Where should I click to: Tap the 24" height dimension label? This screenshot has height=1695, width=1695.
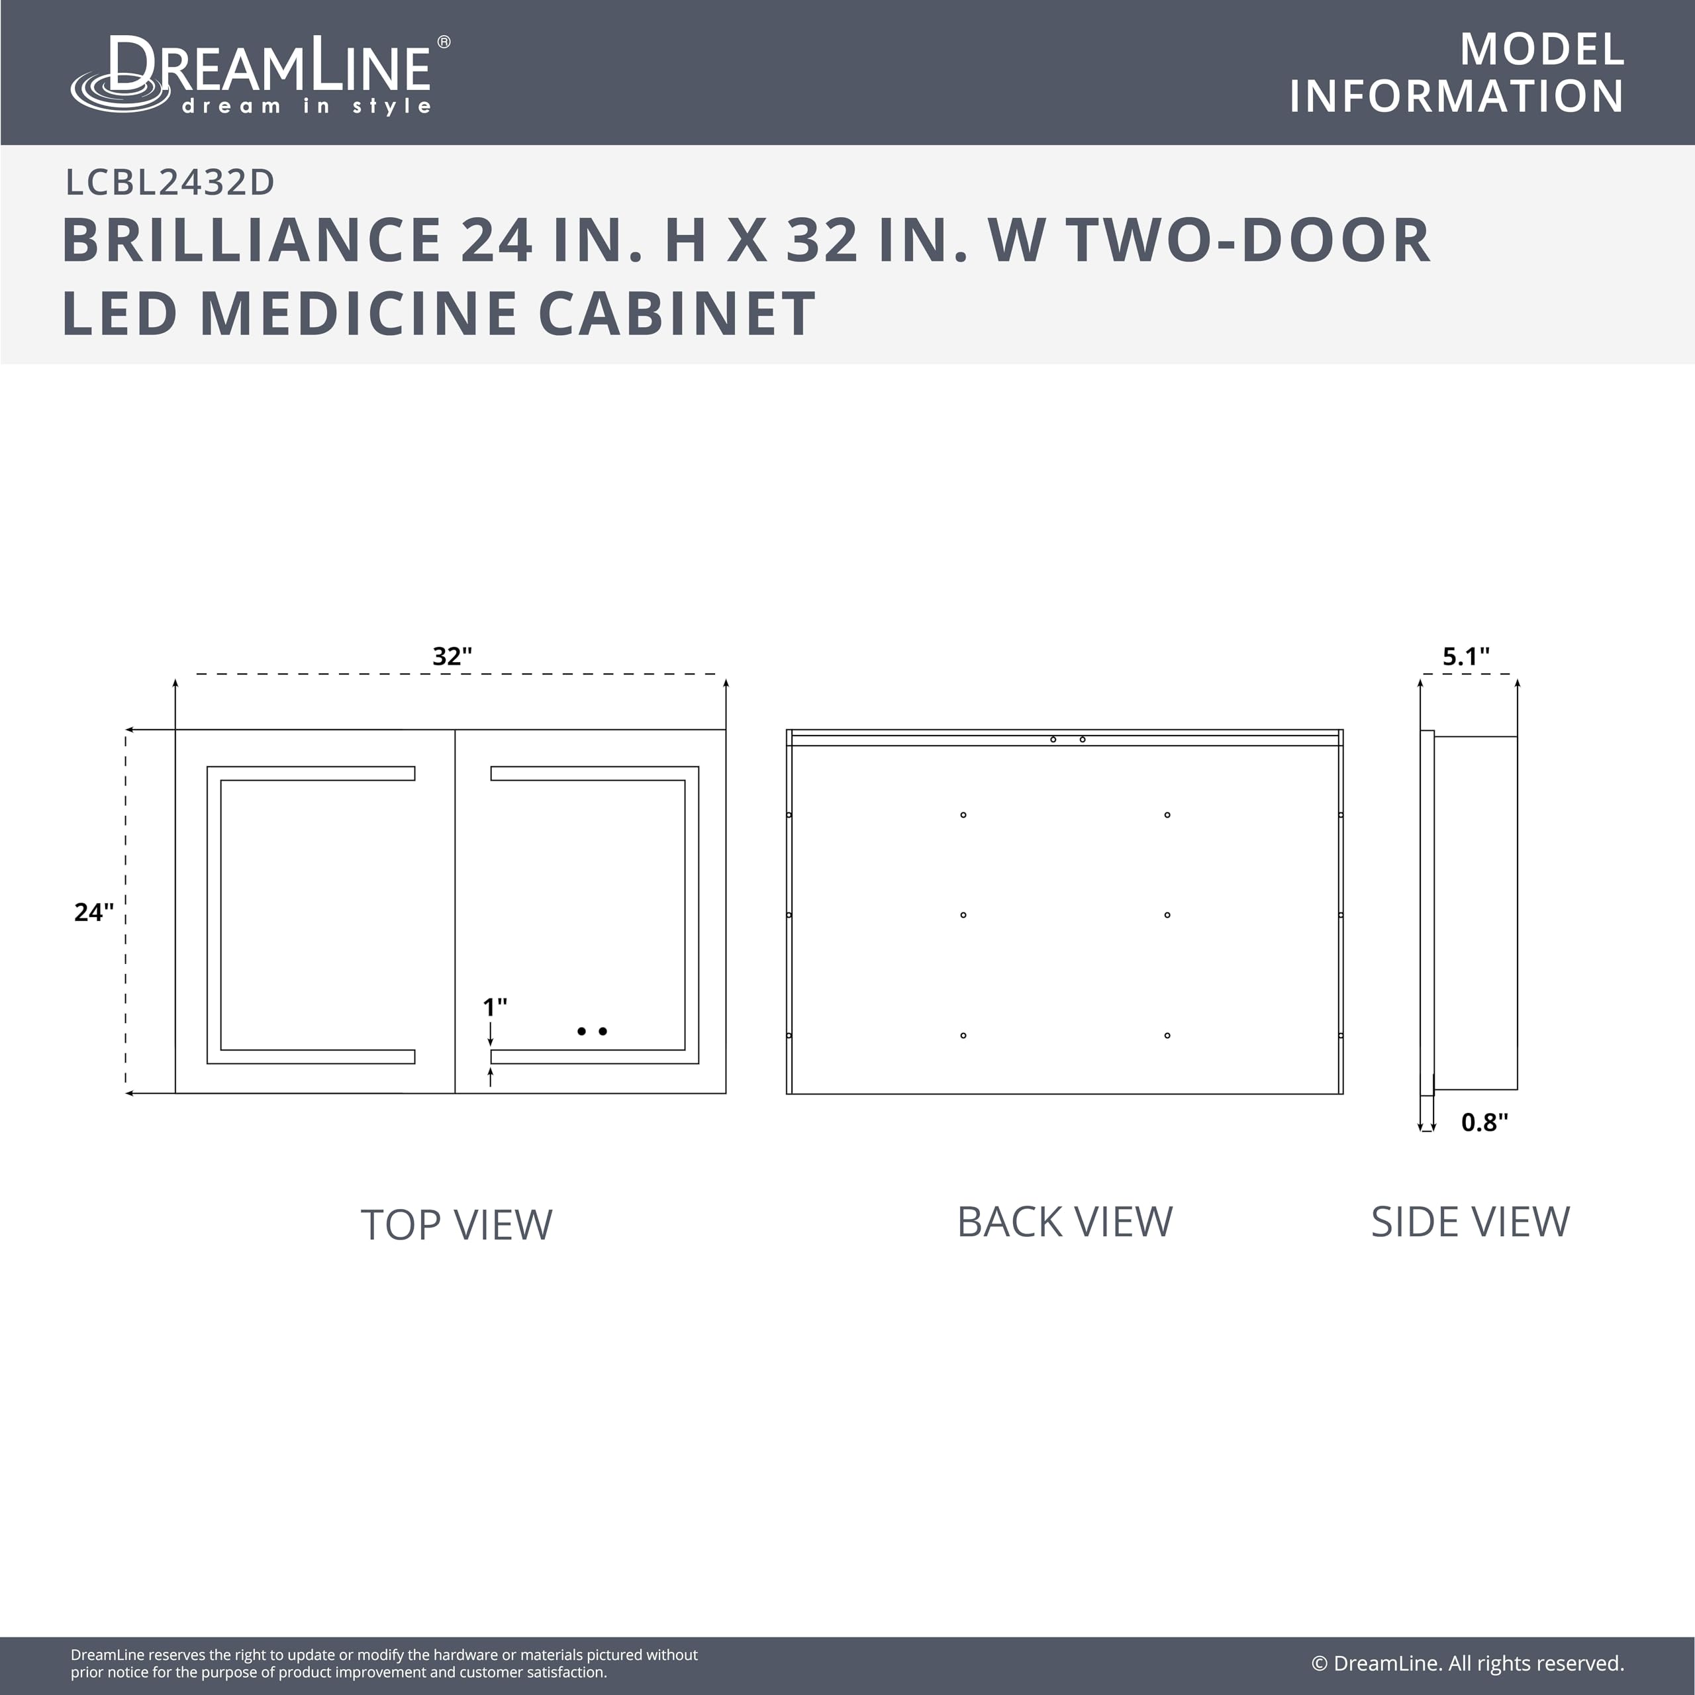click(94, 912)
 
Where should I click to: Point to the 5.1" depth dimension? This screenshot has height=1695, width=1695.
click(1466, 656)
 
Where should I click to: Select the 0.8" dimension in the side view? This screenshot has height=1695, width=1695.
click(1484, 1122)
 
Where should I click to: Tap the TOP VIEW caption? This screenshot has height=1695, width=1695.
click(456, 1225)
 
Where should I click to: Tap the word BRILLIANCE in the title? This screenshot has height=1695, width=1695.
click(252, 240)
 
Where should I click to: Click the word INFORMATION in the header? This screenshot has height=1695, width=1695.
click(1457, 97)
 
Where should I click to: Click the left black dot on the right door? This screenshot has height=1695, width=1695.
click(582, 1032)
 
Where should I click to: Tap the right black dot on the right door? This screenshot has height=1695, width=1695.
click(603, 1032)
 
